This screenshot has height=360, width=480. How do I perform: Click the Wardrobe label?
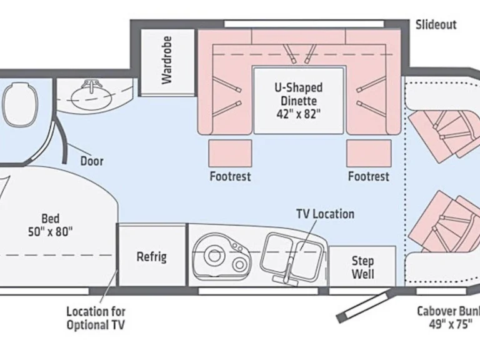click(x=166, y=60)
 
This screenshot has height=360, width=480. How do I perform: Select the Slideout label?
click(x=436, y=25)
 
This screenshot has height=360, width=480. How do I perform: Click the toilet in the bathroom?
click(x=16, y=104)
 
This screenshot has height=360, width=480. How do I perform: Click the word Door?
click(x=92, y=161)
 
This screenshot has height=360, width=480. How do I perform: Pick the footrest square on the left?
click(x=230, y=154)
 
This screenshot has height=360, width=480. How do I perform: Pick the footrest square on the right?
click(x=369, y=154)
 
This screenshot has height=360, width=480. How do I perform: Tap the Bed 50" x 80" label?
click(x=51, y=225)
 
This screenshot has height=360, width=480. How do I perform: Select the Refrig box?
click(x=152, y=256)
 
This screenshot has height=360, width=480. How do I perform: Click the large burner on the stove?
click(x=216, y=256)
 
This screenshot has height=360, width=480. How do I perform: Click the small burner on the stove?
click(x=240, y=265)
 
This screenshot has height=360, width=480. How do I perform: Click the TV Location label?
click(x=325, y=214)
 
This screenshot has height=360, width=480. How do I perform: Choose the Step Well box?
click(x=362, y=267)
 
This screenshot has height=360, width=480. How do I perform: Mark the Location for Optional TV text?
click(x=96, y=317)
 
